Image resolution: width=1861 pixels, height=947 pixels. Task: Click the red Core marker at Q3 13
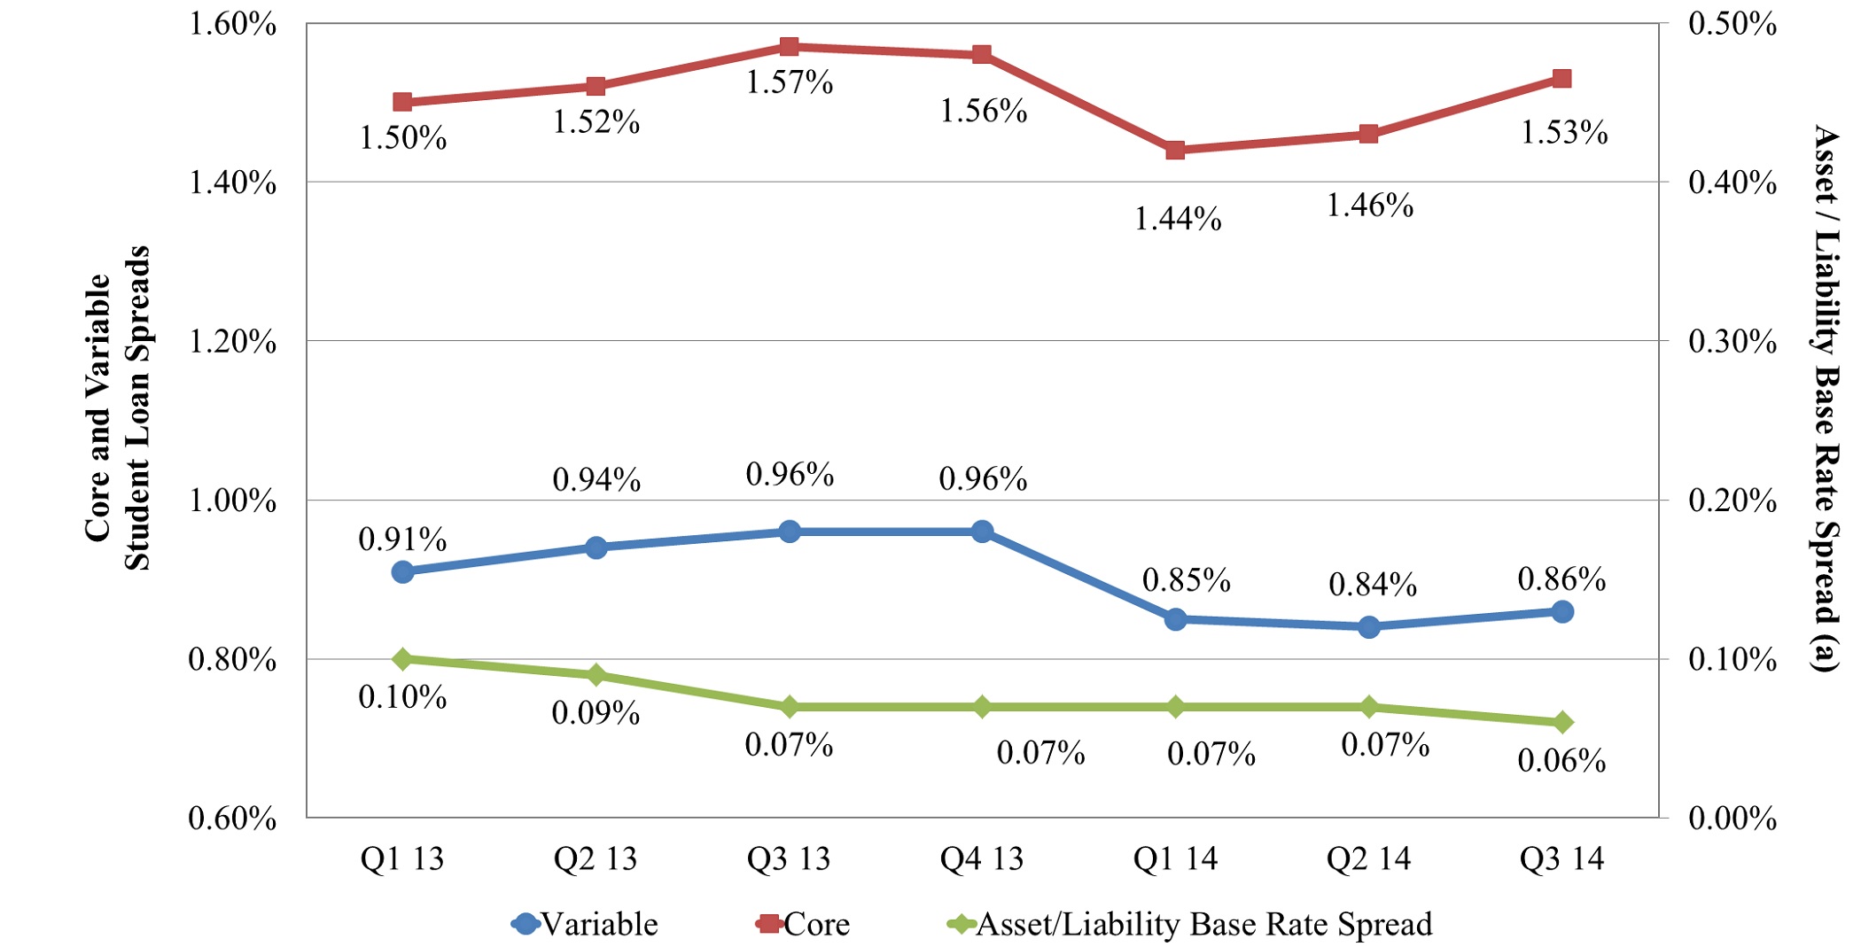tap(789, 47)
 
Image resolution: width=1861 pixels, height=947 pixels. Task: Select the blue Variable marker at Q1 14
tap(1176, 619)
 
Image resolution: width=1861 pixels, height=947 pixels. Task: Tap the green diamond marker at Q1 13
tap(402, 659)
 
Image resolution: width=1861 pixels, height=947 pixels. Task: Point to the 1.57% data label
tap(789, 82)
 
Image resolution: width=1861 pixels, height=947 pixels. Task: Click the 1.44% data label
tap(1178, 218)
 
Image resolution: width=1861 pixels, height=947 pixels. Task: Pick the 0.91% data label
tap(402, 539)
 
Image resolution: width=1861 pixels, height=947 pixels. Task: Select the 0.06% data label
tap(1561, 761)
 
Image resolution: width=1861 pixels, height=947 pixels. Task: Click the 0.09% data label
tap(596, 713)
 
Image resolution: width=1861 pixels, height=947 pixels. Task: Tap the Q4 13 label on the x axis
tap(982, 858)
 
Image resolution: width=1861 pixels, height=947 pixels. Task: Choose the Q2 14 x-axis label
tap(1368, 858)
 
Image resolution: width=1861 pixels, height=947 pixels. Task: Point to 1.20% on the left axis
tap(232, 342)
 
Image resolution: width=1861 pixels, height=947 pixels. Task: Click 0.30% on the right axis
tap(1732, 342)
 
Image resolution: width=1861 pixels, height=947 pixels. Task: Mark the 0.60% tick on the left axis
tap(232, 819)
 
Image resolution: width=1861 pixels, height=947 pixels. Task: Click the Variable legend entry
tap(585, 925)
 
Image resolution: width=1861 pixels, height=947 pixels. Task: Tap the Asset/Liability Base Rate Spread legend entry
tap(1190, 925)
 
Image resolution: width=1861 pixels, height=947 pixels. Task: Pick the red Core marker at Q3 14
tap(1561, 79)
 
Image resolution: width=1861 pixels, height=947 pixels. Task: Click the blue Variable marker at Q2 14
tap(1368, 627)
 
